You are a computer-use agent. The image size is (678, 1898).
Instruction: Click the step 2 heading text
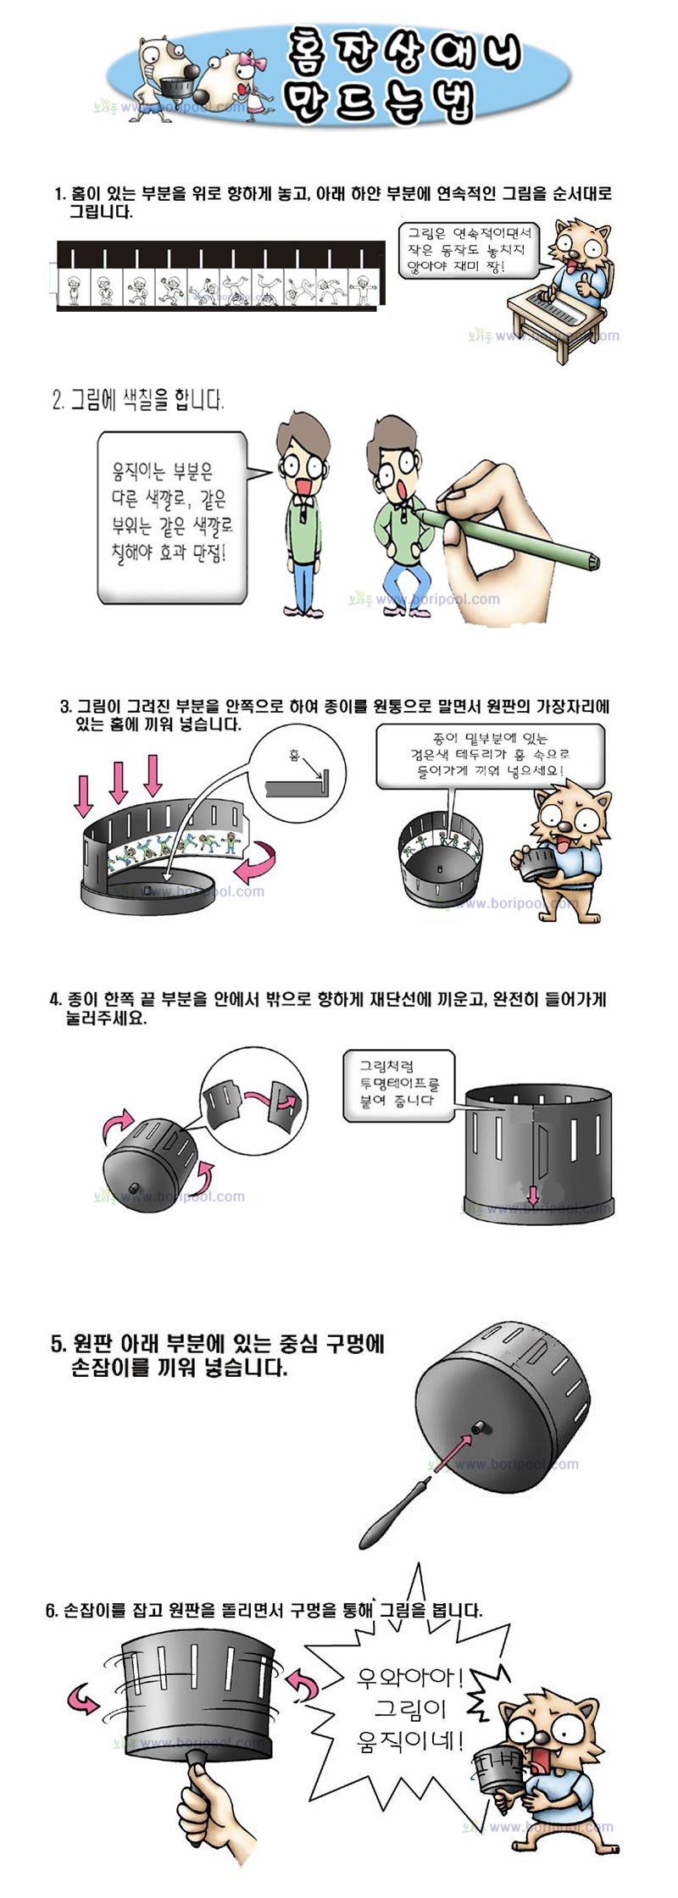pyautogui.click(x=138, y=399)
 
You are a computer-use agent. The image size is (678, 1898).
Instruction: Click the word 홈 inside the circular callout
pyautogui.click(x=294, y=755)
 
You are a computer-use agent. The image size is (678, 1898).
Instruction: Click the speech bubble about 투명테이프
pyautogui.click(x=398, y=1083)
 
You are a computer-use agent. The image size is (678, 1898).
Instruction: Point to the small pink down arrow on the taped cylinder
pyautogui.click(x=533, y=1195)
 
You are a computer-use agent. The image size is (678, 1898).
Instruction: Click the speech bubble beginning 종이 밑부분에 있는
pyautogui.click(x=490, y=756)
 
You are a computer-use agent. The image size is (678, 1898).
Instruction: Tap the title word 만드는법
pyautogui.click(x=378, y=101)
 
